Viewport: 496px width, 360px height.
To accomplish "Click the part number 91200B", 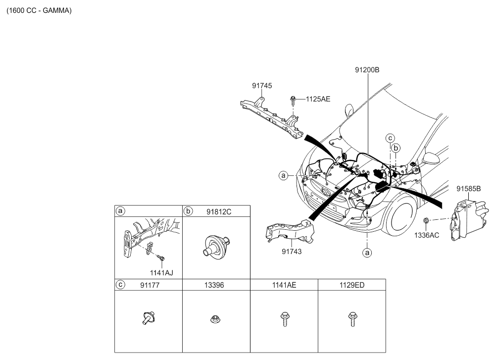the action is click(367, 70).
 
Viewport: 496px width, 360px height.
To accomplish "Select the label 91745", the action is click(262, 86).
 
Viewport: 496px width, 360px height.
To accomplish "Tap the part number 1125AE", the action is click(318, 100).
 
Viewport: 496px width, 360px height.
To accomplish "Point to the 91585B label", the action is click(468, 189).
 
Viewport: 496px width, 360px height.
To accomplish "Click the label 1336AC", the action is click(427, 235).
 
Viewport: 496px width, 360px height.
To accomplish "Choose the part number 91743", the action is click(292, 252).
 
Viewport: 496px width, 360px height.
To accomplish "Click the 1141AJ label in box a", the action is click(162, 273).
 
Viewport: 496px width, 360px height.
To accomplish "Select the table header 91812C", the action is click(219, 211).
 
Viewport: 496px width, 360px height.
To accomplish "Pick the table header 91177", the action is click(149, 285).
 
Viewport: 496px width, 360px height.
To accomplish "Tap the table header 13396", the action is click(214, 285).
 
